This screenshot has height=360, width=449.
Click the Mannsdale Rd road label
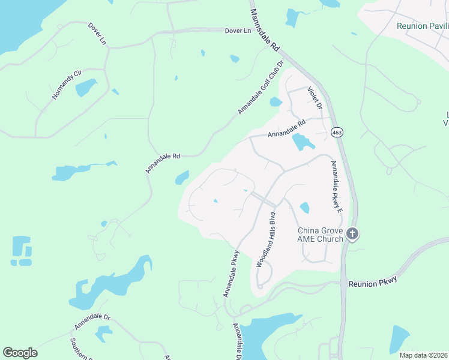coord(265,29)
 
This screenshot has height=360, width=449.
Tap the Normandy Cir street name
coord(65,85)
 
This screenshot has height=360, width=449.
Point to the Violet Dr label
coord(315,98)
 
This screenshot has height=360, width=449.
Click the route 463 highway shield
coord(336,132)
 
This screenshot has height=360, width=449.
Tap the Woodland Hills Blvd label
coord(265,239)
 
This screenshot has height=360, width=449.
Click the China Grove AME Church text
coord(321,235)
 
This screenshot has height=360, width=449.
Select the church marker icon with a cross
coord(352,234)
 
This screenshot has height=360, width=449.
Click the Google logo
coord(20,353)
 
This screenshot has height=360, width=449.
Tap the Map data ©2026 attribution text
coord(423,355)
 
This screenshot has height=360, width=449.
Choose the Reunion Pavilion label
coord(421,26)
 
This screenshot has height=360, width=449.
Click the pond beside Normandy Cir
coord(86,88)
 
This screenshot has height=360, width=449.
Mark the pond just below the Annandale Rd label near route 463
coord(302,143)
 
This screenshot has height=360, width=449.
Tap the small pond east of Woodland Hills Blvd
coord(304,208)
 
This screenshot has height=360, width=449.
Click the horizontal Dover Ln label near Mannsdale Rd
coord(238,31)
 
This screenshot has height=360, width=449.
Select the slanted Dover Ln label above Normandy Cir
coord(97,34)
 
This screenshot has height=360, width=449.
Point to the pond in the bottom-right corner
coord(399,340)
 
